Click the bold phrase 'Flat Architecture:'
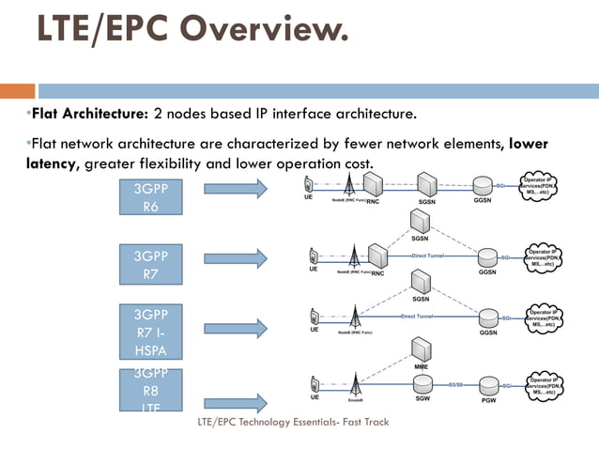90,115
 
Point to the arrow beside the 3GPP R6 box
235,190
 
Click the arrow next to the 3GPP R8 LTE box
235,403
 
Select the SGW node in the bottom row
422,385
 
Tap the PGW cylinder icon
488,385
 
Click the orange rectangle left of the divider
17,91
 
